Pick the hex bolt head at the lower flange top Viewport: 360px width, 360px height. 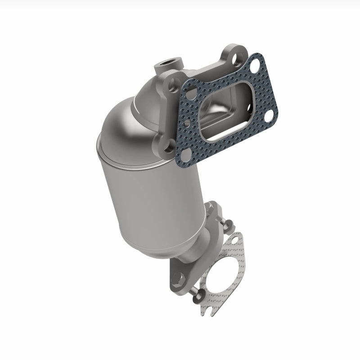[211, 211]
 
